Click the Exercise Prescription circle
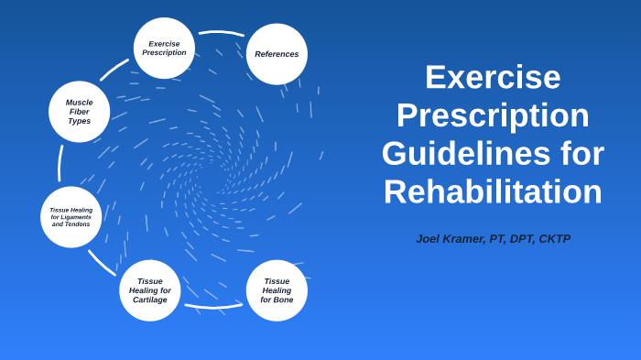[x=164, y=48]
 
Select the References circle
[x=277, y=54]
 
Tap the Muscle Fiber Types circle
[x=79, y=112]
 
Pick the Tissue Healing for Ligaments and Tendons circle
[x=71, y=217]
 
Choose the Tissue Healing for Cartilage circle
[x=149, y=290]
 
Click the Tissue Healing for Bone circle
[x=277, y=290]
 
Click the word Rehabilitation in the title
[x=493, y=191]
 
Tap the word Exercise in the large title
[x=493, y=76]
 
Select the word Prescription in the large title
[x=493, y=115]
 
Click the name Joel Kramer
[x=449, y=238]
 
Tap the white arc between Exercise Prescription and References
[x=222, y=33]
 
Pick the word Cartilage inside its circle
[x=149, y=300]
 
